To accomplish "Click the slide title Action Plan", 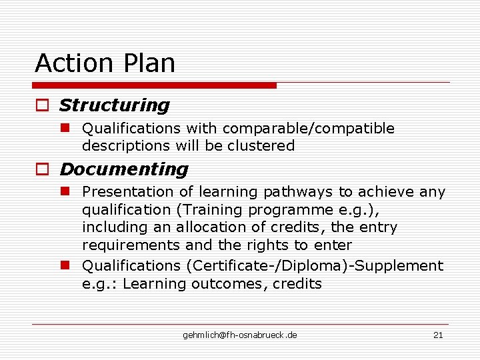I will [105, 63].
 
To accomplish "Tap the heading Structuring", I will [114, 105].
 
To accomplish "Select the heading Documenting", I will [123, 169].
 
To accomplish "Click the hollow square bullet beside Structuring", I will [43, 106].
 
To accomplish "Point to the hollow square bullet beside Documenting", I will [43, 170].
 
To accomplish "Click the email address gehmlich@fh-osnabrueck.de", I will [240, 335].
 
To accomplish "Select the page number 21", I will [438, 335].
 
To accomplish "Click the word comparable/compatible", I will [309, 129].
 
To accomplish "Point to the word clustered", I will [261, 146].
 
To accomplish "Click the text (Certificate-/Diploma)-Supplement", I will [315, 266].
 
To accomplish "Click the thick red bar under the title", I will [155, 85].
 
